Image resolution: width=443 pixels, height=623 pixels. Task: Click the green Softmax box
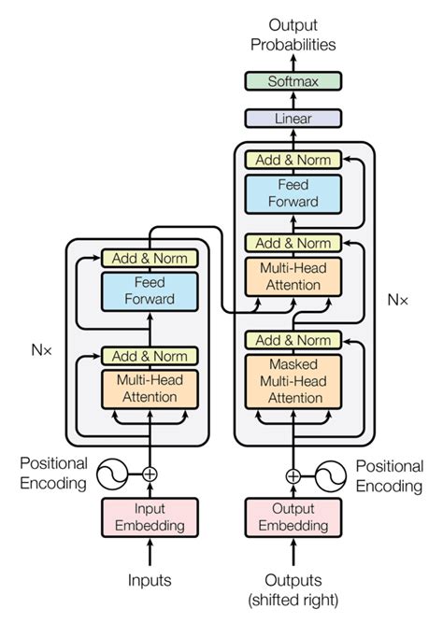pos(293,81)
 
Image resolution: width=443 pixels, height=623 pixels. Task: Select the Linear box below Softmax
pos(293,119)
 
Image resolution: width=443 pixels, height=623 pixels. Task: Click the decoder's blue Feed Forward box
pos(293,193)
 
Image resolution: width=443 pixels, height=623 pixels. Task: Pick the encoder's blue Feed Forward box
pos(150,290)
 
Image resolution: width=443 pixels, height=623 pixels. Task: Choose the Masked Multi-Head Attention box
pos(293,381)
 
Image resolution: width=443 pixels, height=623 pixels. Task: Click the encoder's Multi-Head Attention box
pos(150,389)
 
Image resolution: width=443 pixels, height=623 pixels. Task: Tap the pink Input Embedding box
pos(150,517)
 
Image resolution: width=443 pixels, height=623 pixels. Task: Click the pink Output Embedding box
pos(293,517)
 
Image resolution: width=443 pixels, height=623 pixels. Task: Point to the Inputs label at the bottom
pos(150,580)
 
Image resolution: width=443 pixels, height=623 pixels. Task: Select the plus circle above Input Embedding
pos(150,474)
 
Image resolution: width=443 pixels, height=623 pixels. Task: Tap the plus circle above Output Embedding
pos(293,474)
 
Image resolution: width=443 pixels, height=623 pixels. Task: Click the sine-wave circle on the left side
pos(111,474)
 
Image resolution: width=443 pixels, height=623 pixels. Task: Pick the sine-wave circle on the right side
pos(331,474)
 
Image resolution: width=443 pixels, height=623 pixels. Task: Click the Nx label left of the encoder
pos(39,353)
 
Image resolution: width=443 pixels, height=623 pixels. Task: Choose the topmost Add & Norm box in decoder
pos(293,160)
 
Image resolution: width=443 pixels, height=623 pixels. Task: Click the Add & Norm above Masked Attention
pos(293,340)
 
